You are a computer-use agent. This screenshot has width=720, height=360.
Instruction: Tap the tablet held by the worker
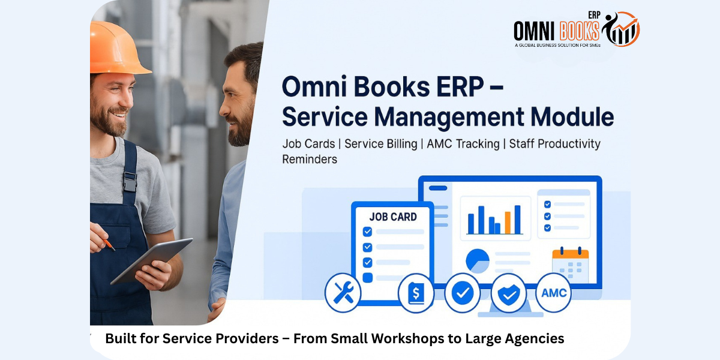(152, 260)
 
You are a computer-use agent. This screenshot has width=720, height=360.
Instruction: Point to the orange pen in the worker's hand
(109, 244)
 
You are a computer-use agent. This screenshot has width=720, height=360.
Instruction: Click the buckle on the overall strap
(130, 182)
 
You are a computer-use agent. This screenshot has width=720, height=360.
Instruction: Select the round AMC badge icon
(553, 293)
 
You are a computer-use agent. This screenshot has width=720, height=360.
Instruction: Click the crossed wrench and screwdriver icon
(343, 293)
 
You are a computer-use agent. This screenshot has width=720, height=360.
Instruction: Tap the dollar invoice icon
(416, 293)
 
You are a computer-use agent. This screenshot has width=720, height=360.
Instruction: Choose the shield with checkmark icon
(509, 293)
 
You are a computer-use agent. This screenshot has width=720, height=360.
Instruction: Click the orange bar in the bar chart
(508, 223)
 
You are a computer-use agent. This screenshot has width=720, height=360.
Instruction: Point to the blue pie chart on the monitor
(478, 260)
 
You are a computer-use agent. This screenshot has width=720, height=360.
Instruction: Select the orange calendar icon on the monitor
(570, 264)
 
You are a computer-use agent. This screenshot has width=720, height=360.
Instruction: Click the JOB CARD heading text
(393, 217)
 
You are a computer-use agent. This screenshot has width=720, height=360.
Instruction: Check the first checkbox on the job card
(367, 232)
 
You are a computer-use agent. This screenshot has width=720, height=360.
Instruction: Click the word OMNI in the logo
(534, 31)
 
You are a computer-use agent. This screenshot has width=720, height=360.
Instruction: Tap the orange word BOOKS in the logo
(580, 31)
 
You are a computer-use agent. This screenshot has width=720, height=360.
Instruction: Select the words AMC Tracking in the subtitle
(463, 143)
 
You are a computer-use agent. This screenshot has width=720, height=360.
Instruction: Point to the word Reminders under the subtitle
(310, 159)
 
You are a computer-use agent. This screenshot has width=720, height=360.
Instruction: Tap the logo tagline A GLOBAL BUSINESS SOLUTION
(557, 46)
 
